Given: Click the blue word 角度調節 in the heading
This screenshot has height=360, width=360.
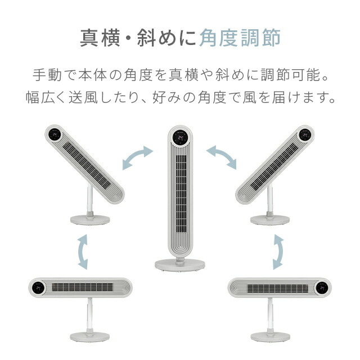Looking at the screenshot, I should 240,38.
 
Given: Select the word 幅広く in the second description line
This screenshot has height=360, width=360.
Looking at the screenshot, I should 48,97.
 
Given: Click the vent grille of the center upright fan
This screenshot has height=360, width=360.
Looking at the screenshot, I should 179,191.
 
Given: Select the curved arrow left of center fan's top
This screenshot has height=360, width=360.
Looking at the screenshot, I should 137,156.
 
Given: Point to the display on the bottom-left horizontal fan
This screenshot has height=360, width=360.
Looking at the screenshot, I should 38,287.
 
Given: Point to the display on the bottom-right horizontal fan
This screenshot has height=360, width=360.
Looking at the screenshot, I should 322,287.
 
